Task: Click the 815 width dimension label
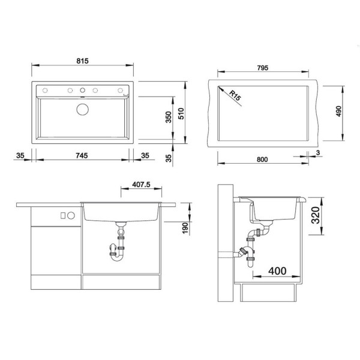(x=82, y=61)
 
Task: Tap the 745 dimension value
(x=82, y=155)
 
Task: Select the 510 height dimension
(x=181, y=113)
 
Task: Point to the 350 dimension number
(x=169, y=117)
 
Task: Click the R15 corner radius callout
(x=235, y=96)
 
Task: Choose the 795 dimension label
(x=263, y=68)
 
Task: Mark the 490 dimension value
(x=339, y=112)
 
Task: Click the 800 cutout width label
(x=262, y=160)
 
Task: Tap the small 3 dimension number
(x=318, y=152)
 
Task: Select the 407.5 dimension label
(x=141, y=184)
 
